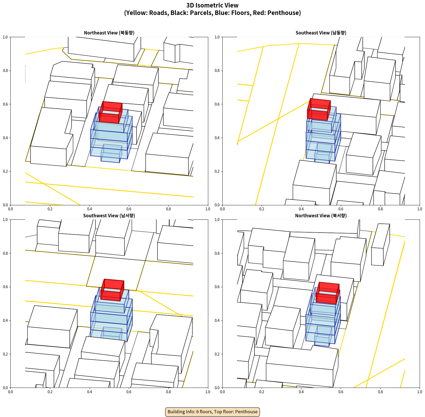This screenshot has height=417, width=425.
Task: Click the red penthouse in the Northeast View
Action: point(110,113)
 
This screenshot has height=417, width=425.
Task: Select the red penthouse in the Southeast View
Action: point(319,109)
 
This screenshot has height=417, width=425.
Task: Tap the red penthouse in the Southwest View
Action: point(112,290)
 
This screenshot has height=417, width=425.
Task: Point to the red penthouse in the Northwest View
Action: point(328,293)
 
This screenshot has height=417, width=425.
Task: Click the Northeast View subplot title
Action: point(109,33)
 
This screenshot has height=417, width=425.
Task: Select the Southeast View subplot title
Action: point(321,33)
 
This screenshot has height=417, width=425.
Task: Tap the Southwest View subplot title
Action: point(109,216)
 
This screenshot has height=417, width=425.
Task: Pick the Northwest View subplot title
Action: point(321,216)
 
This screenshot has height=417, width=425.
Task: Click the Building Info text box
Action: point(212,412)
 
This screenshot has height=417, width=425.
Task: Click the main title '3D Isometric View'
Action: point(212,5)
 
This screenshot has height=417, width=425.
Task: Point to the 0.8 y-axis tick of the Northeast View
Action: point(5,71)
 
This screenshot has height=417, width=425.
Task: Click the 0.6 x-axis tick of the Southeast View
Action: point(341,209)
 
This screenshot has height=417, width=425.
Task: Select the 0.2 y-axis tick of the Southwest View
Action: point(5,354)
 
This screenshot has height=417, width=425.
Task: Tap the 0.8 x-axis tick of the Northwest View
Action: point(380,392)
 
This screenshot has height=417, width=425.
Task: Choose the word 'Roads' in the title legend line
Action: point(158,13)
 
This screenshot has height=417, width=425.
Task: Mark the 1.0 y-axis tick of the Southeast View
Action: point(217,37)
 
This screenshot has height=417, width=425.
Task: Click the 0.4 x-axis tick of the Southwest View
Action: point(90,392)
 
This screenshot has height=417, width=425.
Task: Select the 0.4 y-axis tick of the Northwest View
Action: point(217,320)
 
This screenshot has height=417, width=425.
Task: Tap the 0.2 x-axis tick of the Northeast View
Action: point(50,209)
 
